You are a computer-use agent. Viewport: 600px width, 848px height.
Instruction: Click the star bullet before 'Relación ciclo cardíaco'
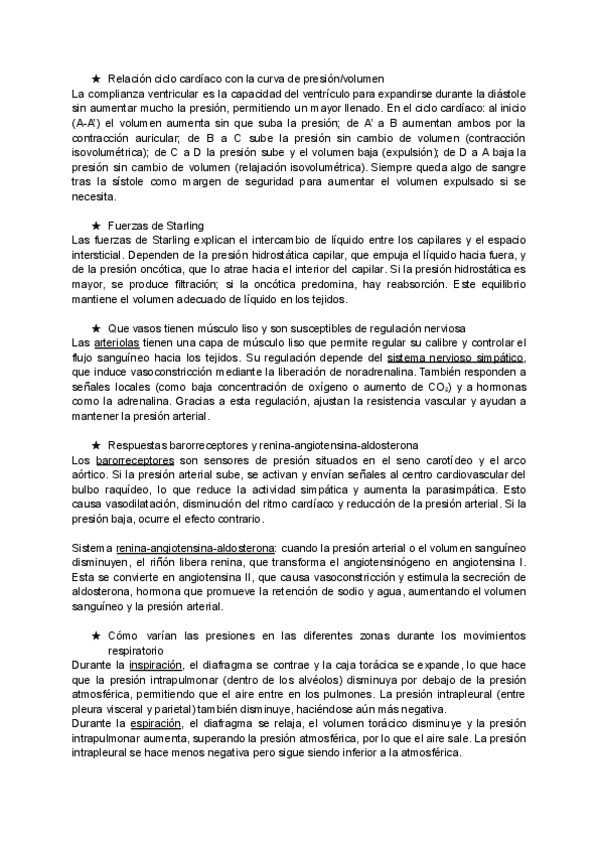95,78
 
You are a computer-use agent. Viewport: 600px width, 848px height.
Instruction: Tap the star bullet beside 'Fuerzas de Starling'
95,225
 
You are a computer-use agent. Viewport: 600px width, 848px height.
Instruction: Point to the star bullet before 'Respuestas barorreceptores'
95,443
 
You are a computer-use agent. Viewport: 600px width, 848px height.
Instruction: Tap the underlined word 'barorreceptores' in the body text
129,460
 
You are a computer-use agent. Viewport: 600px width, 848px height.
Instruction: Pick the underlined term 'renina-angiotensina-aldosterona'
197,548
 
